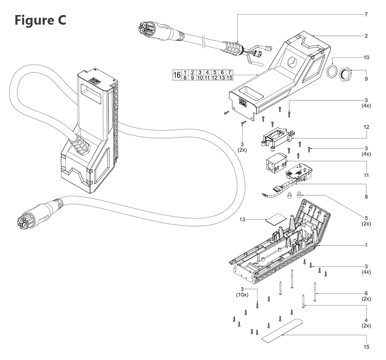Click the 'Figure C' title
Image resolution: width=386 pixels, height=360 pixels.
point(40,20)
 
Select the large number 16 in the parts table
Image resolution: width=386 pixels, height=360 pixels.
point(177,75)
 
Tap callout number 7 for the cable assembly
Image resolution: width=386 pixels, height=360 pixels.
point(366,15)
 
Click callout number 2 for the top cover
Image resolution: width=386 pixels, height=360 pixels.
point(366,36)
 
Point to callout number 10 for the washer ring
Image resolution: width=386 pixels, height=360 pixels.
point(366,57)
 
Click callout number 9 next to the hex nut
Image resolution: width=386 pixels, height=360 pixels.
point(366,79)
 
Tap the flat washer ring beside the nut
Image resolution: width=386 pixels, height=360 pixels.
point(332,72)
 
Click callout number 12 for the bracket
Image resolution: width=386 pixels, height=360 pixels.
point(366,127)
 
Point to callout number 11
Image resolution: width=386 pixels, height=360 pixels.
point(366,175)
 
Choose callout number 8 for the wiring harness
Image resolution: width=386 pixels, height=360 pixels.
point(366,197)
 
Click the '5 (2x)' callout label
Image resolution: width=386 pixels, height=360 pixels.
point(366,221)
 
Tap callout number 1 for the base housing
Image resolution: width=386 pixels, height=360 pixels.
point(366,245)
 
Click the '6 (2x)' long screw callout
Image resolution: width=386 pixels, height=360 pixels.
point(366,296)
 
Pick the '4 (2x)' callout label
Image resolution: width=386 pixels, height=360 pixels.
point(366,323)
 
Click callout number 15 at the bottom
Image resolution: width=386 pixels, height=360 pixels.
point(366,347)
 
